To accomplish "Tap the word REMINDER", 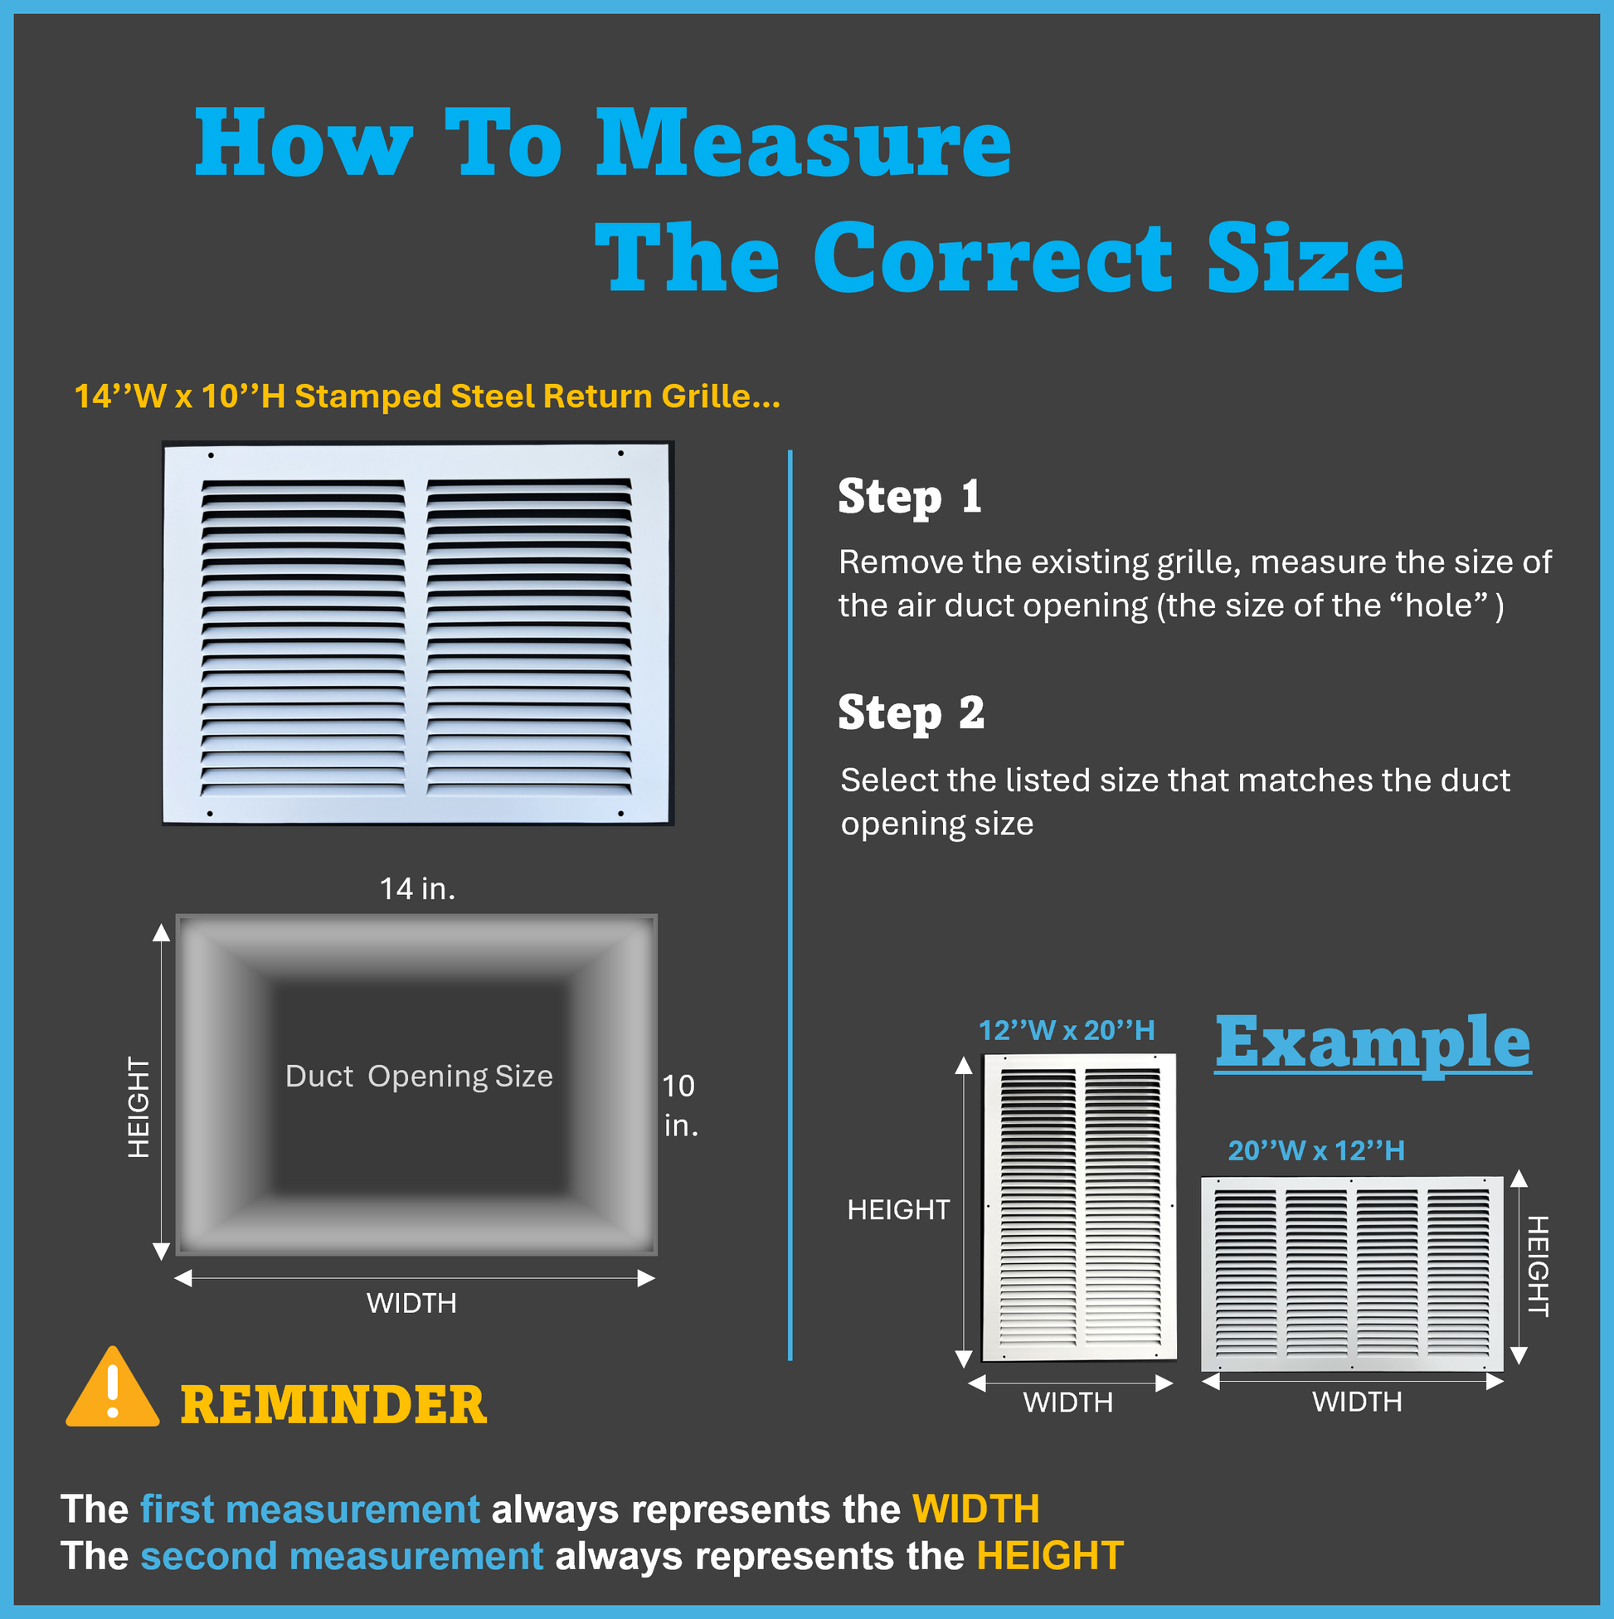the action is (333, 1405).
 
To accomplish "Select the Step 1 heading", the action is (909, 497).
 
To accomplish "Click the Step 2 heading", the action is (911, 713).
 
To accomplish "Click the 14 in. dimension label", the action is (417, 888).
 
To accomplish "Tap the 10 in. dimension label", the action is (678, 1106).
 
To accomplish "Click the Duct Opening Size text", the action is (419, 1076).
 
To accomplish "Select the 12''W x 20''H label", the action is (1067, 1030).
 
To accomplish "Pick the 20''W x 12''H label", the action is (1315, 1150).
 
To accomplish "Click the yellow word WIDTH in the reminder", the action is (975, 1510).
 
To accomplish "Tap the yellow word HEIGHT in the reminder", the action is (1049, 1556).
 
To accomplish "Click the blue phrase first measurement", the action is (310, 1510).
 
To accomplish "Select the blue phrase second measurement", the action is (342, 1556).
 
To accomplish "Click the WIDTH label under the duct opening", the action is (411, 1303).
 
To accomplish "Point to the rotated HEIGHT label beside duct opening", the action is (139, 1107).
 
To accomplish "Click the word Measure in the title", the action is (803, 143).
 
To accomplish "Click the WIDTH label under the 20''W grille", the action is (1357, 1401).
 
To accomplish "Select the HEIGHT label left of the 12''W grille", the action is (898, 1209).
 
